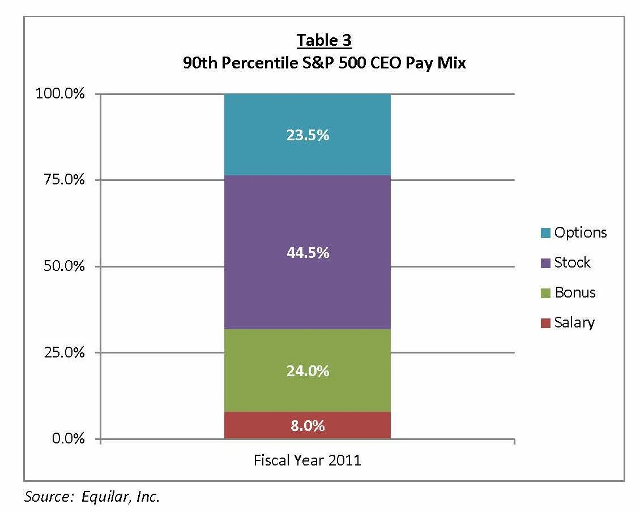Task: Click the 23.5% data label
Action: (x=308, y=136)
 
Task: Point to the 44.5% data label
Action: (x=308, y=253)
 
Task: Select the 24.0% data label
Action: (x=308, y=371)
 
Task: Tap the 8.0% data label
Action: (x=308, y=425)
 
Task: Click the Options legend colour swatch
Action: (x=545, y=233)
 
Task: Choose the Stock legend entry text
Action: (x=572, y=262)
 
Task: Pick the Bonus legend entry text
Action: (x=575, y=292)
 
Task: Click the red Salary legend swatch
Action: (x=545, y=323)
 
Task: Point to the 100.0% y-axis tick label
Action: (x=60, y=94)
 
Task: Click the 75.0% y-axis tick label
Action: (x=63, y=180)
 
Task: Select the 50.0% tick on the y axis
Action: (x=63, y=266)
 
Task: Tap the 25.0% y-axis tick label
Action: (x=63, y=353)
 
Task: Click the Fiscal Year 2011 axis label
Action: (x=308, y=460)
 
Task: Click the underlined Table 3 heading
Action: (x=324, y=41)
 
